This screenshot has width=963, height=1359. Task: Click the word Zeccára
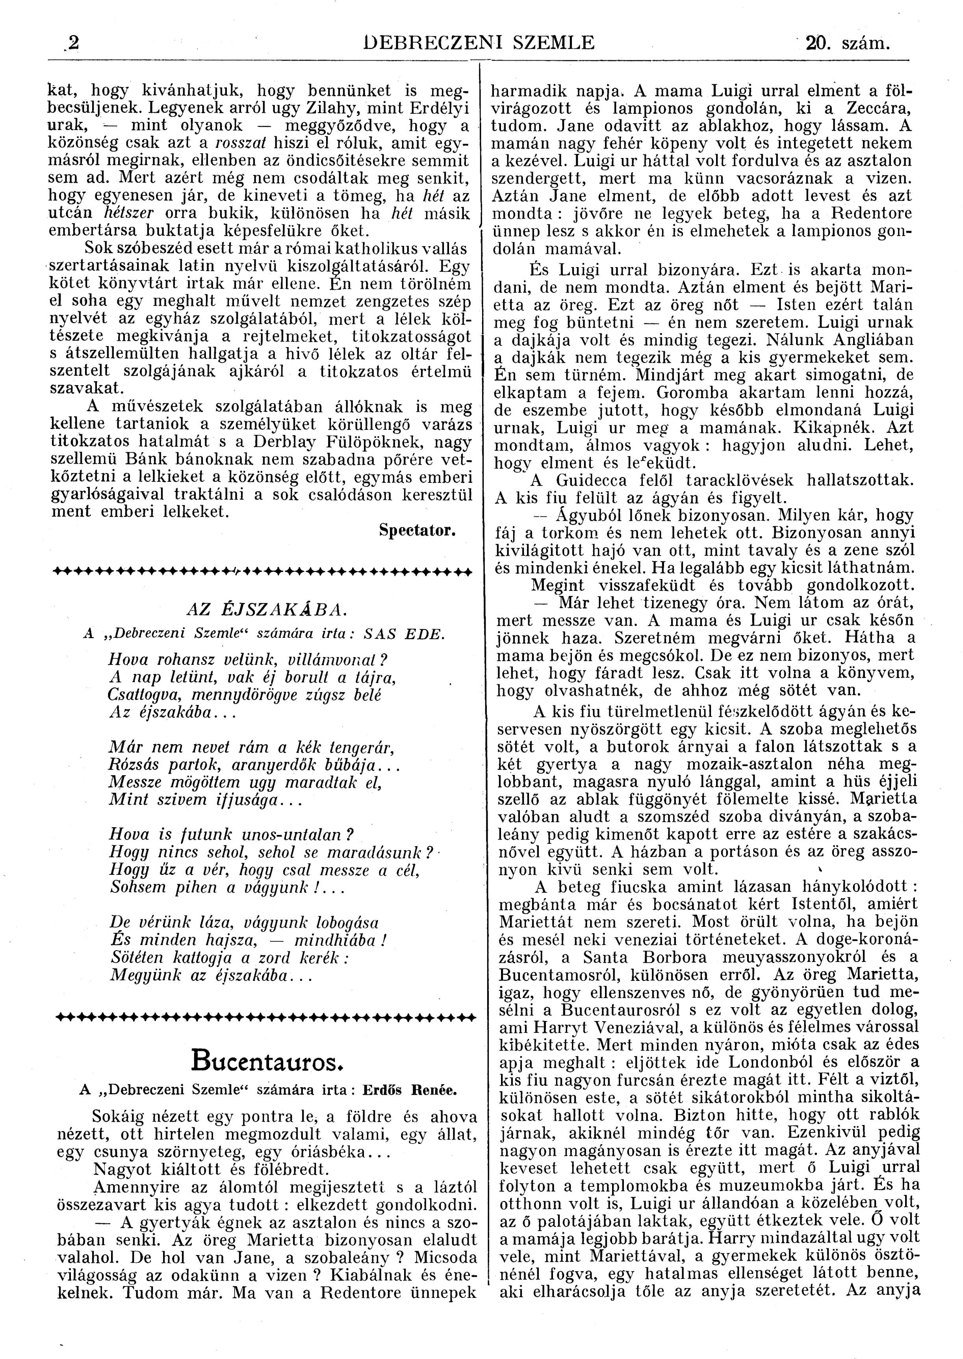(874, 108)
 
